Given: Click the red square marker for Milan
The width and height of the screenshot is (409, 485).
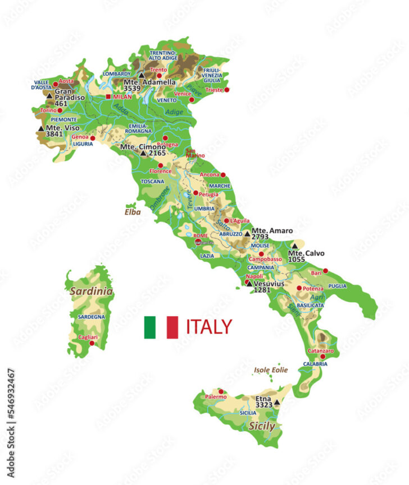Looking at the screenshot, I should click(108, 96).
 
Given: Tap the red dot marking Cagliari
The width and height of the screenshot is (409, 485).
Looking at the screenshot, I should click(92, 343).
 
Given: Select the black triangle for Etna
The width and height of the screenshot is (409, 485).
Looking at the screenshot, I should click(277, 402).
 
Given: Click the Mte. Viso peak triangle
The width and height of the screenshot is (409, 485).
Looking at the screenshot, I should click(40, 128).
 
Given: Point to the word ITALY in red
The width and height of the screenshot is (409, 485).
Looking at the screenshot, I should click(208, 326).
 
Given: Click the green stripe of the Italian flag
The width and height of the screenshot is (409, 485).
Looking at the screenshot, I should click(149, 327).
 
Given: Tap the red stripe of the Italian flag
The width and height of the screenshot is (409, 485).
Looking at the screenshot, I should click(172, 327).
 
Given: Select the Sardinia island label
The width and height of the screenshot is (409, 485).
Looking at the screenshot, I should click(91, 292).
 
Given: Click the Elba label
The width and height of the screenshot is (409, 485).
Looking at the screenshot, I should click(133, 213).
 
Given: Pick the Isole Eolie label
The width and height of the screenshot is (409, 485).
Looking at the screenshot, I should click(271, 370).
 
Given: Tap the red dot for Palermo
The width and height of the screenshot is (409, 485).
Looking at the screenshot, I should click(221, 391).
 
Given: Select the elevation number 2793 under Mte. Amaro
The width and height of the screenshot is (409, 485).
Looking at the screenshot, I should click(260, 237).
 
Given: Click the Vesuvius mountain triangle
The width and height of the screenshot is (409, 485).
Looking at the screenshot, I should click(248, 284).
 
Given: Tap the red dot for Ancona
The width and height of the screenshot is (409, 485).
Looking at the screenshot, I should click(222, 175).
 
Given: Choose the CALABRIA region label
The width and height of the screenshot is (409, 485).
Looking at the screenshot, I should click(315, 364).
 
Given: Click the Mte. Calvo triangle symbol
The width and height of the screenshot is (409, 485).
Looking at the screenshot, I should click(294, 246).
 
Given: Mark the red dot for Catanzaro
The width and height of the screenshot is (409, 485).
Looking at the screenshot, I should click(324, 357).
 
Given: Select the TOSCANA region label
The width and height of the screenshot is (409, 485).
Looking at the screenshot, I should click(152, 182).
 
